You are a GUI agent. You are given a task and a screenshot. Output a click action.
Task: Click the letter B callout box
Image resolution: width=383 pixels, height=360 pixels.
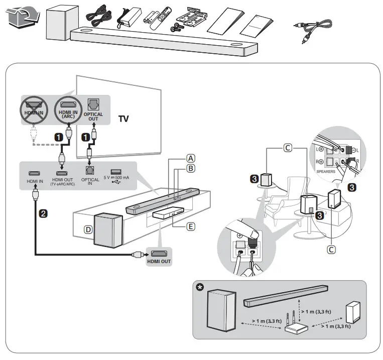(190, 168)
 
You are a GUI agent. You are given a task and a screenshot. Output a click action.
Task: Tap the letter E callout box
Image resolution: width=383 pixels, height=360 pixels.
(190, 226)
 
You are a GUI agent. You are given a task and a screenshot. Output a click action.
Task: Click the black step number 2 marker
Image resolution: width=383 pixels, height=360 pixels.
(44, 213)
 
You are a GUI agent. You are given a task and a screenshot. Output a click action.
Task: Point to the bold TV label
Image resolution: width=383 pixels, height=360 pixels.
(123, 119)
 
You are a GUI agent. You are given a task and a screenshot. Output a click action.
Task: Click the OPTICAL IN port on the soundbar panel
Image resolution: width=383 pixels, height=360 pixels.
(90, 172)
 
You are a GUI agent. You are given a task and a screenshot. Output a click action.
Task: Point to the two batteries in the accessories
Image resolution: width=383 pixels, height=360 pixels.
(151, 20)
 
